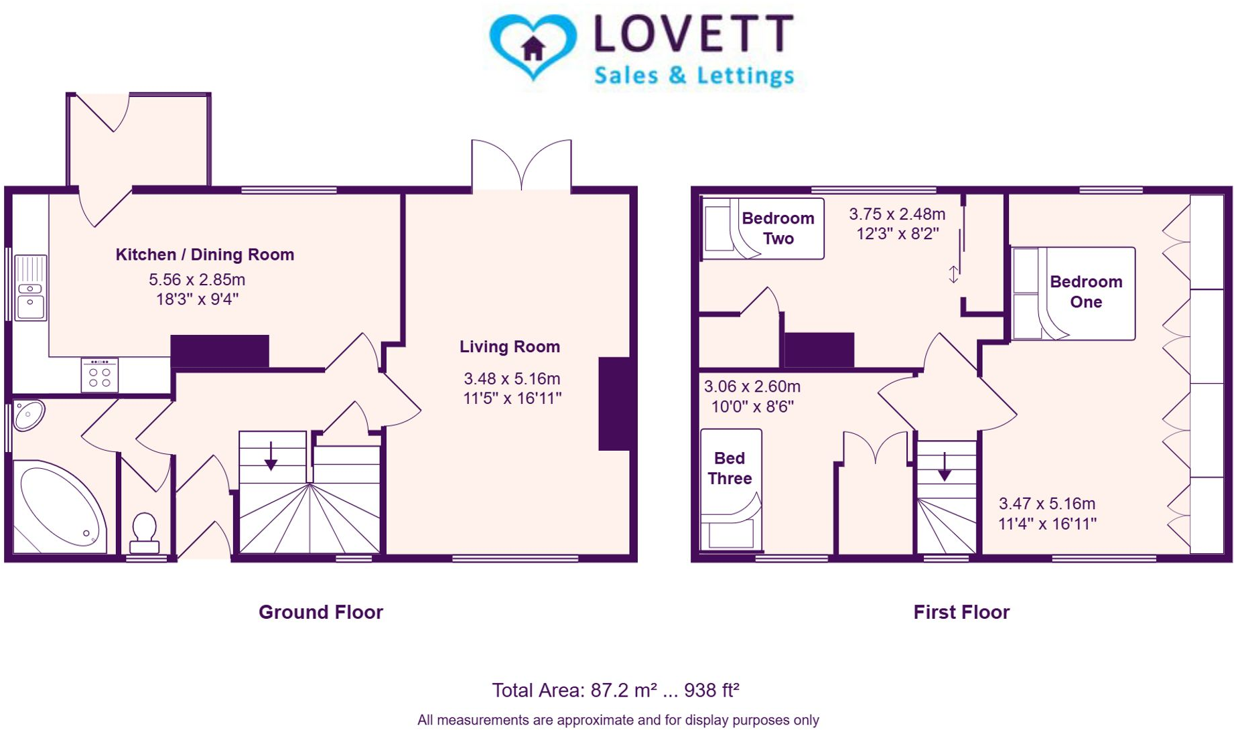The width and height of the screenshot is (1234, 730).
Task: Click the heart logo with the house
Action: click(533, 46)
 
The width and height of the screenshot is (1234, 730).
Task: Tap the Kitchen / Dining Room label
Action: click(204, 254)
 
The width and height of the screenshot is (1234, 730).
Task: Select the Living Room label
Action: click(509, 347)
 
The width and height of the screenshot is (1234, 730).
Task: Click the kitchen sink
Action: click(30, 288)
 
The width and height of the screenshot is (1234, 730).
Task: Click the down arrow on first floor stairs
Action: click(945, 467)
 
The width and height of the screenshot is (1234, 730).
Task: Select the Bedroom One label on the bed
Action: click(1085, 292)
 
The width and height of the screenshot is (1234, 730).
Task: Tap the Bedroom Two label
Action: click(778, 228)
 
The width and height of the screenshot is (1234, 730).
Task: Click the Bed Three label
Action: click(730, 468)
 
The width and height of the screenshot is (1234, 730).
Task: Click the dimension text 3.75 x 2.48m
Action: click(897, 214)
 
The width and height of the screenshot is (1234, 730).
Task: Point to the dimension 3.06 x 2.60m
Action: click(752, 387)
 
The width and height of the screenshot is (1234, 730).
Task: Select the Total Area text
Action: click(615, 690)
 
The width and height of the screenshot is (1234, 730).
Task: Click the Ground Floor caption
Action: click(320, 612)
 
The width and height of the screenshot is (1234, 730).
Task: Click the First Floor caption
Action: click(961, 612)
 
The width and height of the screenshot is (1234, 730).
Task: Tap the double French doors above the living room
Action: click(521, 166)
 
